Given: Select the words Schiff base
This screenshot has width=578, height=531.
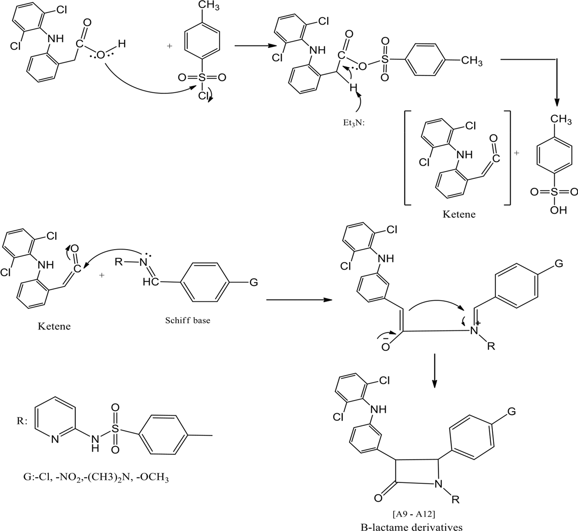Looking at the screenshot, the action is coord(187,320).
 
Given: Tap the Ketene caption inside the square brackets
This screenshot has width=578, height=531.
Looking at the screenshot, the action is coord(459,214).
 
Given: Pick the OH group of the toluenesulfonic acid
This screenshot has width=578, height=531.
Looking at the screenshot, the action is coord(558,210).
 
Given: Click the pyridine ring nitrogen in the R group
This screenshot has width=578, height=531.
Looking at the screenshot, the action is coord(55,439).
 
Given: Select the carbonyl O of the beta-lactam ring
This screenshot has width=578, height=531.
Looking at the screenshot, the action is coord(378,498).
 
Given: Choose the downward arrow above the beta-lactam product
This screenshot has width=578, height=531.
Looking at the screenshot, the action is coord(434,371).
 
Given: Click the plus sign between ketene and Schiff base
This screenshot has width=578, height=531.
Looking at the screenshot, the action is coord(102,275).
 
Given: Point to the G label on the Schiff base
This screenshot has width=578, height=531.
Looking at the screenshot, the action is coord(254,282).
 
